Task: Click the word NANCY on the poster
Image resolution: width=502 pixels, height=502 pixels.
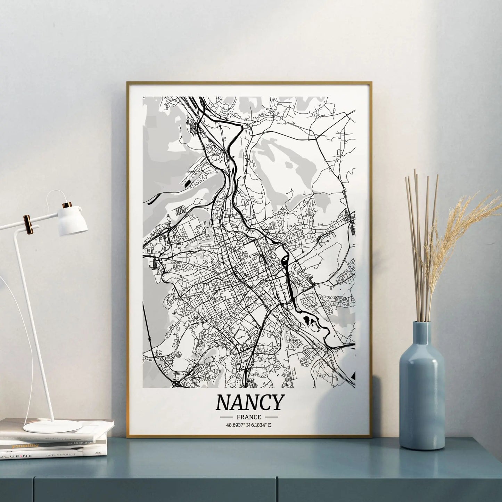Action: pos(249,403)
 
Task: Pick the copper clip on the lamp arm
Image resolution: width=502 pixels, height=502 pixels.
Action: pos(26,224)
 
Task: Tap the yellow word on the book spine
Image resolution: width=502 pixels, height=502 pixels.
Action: pos(23,445)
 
